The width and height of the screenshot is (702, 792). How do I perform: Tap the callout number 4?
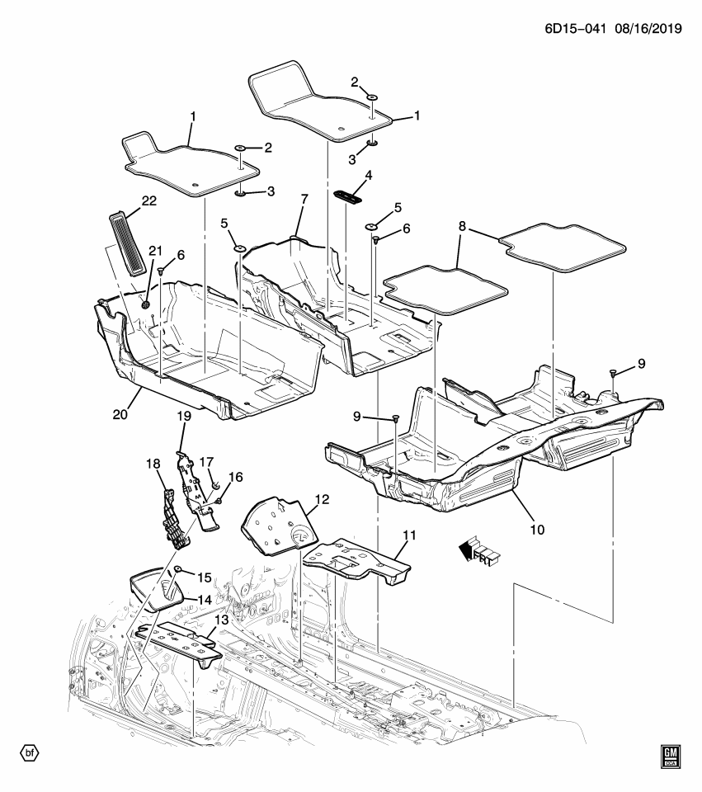368,176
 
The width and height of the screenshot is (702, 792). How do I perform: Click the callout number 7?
304,200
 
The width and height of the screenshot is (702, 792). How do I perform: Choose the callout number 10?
537,530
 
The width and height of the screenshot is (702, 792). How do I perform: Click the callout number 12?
322,499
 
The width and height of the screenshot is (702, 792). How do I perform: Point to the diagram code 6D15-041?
567,29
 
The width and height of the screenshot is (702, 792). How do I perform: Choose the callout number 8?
462,225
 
